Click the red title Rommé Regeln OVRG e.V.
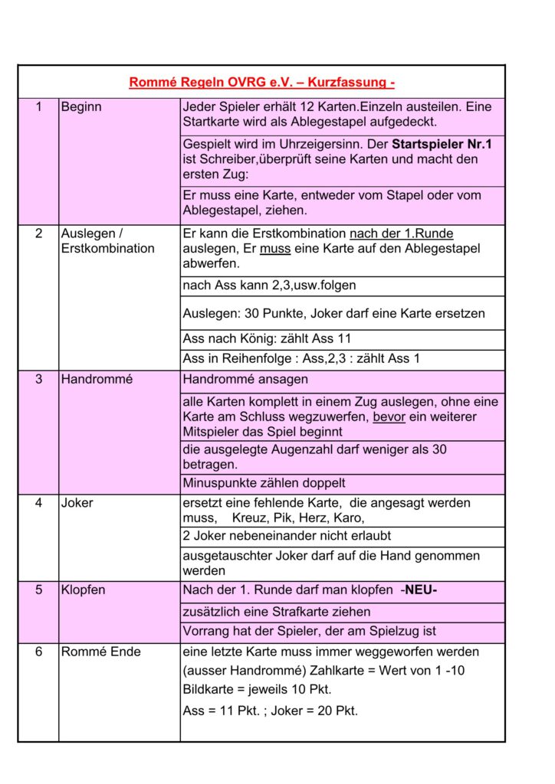[x=261, y=83]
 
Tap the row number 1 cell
[x=38, y=107]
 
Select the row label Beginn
[x=81, y=107]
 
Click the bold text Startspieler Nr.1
[x=442, y=144]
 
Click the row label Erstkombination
[x=107, y=248]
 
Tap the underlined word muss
[x=270, y=248]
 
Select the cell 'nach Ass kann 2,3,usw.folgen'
[x=269, y=286]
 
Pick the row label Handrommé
[x=96, y=379]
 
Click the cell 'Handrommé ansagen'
[x=245, y=379]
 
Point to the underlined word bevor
[x=389, y=416]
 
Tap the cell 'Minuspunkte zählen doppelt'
[x=264, y=483]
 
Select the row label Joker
[x=77, y=503]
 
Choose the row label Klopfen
[x=83, y=590]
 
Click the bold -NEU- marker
[x=419, y=590]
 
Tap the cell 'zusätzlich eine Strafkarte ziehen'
[x=277, y=612]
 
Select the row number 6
[x=38, y=652]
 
